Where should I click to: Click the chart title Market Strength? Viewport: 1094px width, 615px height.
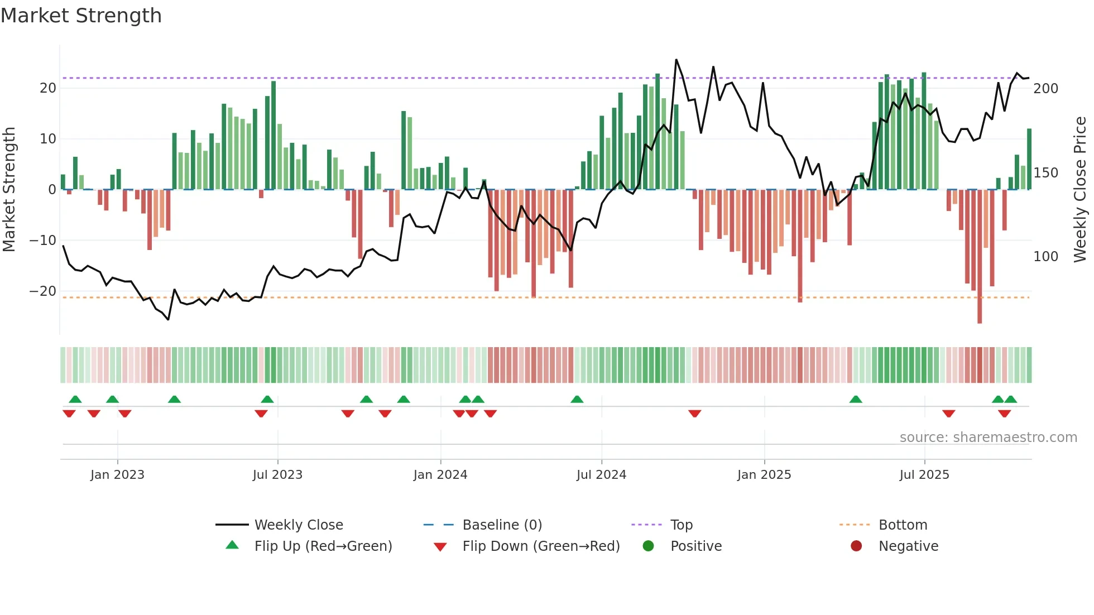click(x=81, y=16)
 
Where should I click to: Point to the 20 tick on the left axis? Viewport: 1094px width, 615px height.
click(x=48, y=88)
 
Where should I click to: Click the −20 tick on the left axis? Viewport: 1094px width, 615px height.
click(x=43, y=291)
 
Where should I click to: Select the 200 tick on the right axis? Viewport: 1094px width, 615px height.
click(x=1045, y=89)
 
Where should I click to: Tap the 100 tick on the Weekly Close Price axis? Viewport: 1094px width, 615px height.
click(x=1045, y=257)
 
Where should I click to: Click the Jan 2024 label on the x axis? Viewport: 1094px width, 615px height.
click(x=440, y=475)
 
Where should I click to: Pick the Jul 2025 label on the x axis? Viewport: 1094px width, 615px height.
click(x=924, y=475)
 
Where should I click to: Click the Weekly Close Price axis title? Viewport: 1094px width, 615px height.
click(x=1080, y=190)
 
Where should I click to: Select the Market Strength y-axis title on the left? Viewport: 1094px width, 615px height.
click(x=9, y=190)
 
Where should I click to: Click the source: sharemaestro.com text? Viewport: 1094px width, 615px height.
click(x=988, y=438)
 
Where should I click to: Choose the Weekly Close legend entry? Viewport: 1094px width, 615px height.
click(x=299, y=525)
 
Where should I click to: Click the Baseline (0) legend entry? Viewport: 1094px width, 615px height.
click(x=502, y=525)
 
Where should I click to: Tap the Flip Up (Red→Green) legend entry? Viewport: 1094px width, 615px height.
click(x=323, y=546)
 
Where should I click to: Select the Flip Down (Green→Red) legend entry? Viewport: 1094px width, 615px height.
click(x=540, y=546)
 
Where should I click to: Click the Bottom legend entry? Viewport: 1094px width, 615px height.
click(x=903, y=525)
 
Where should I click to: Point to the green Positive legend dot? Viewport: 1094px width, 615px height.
click(x=648, y=546)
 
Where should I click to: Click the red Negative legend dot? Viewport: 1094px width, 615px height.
click(x=856, y=546)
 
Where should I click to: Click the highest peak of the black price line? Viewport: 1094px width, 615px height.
click(x=676, y=60)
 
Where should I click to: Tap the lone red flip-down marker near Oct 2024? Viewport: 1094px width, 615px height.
click(x=694, y=414)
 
